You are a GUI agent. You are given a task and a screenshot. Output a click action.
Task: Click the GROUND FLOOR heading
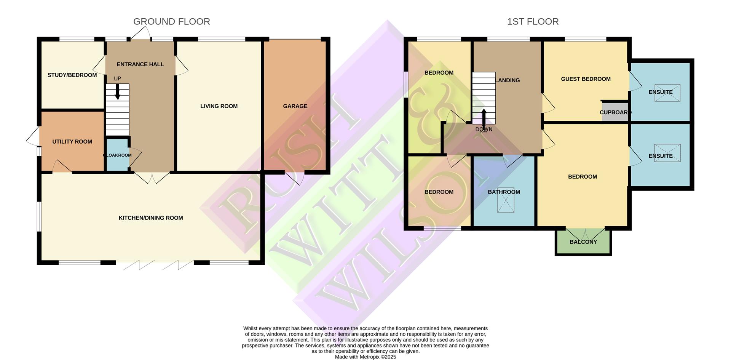click(x=172, y=22)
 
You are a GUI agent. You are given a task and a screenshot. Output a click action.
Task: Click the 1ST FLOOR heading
click(x=533, y=22)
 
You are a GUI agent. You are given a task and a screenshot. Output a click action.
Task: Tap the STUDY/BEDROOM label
click(x=72, y=75)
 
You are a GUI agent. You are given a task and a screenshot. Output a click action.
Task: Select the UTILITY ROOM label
click(x=72, y=142)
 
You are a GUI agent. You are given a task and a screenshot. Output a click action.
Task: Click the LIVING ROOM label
click(x=219, y=106)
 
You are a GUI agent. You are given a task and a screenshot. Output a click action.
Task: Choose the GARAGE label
click(x=295, y=106)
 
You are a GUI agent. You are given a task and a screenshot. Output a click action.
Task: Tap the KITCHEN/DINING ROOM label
click(x=151, y=218)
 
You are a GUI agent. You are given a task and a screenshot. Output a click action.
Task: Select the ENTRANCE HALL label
click(x=140, y=64)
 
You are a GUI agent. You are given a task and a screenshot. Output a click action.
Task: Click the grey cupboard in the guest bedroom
click(x=614, y=112)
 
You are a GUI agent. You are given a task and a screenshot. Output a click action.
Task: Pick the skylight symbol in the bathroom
click(x=506, y=200)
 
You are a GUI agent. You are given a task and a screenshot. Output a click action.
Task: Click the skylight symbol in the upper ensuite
click(x=667, y=93)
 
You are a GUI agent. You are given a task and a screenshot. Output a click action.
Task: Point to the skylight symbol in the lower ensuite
click(x=667, y=153)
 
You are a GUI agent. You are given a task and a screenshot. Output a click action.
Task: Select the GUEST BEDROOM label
click(x=586, y=79)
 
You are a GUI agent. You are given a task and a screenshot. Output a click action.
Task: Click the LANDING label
click(x=508, y=80)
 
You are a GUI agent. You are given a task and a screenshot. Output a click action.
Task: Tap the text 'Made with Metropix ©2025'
click(x=365, y=357)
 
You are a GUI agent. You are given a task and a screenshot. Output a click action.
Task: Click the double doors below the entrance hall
click(x=152, y=178)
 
